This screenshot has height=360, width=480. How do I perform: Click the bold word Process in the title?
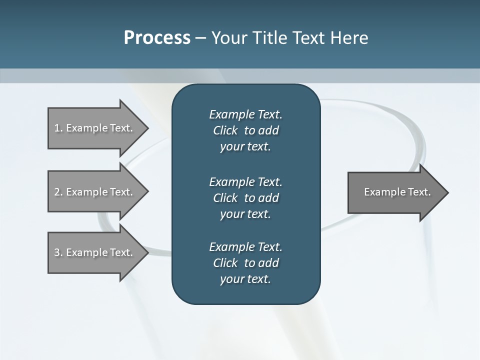(x=157, y=38)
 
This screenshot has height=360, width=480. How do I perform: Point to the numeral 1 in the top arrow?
(x=57, y=128)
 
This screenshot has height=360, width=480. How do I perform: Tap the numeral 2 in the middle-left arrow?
(x=57, y=192)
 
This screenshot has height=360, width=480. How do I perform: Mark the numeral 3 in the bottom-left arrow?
(x=57, y=252)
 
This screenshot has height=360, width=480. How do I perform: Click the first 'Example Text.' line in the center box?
(x=245, y=114)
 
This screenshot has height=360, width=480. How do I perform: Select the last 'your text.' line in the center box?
(x=245, y=279)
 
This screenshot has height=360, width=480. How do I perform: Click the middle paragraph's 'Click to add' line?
(x=245, y=198)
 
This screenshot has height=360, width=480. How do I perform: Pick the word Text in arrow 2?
(x=120, y=192)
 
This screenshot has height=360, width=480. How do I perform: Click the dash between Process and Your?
(x=201, y=38)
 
